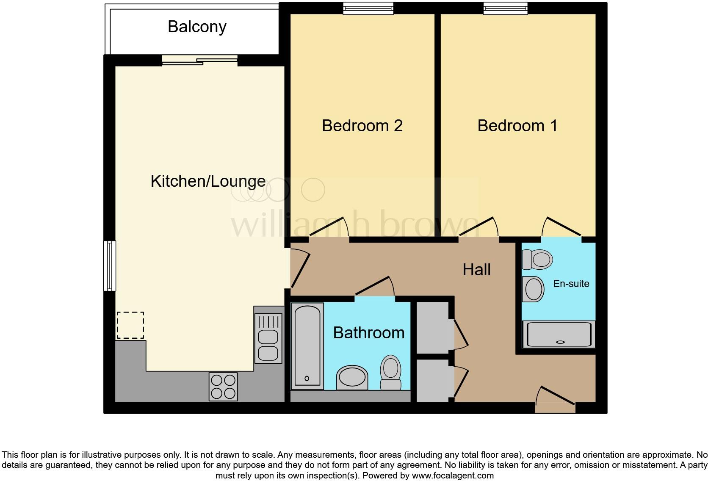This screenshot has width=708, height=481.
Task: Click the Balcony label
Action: [197, 27]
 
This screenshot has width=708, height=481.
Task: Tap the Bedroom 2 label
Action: [362, 126]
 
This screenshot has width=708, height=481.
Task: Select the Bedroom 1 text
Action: [517, 126]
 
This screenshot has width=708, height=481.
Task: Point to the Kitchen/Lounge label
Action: [208, 181]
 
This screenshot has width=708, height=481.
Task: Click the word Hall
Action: [476, 270]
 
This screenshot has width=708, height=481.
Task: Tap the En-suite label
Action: [571, 284]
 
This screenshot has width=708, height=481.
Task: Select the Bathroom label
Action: [369, 333]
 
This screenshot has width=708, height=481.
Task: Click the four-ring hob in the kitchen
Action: [223, 387]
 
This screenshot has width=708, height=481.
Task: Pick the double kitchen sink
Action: [268, 339]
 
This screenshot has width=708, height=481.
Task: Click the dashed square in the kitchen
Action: [130, 325]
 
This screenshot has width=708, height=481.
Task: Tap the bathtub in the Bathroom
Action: [307, 346]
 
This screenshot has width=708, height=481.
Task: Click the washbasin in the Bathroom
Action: [352, 377]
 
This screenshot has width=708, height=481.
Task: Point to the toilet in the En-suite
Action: [537, 260]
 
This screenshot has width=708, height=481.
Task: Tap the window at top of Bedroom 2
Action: [368, 8]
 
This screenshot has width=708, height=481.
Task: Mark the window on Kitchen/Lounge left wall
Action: [110, 266]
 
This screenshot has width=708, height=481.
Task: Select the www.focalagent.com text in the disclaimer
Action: [453, 475]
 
